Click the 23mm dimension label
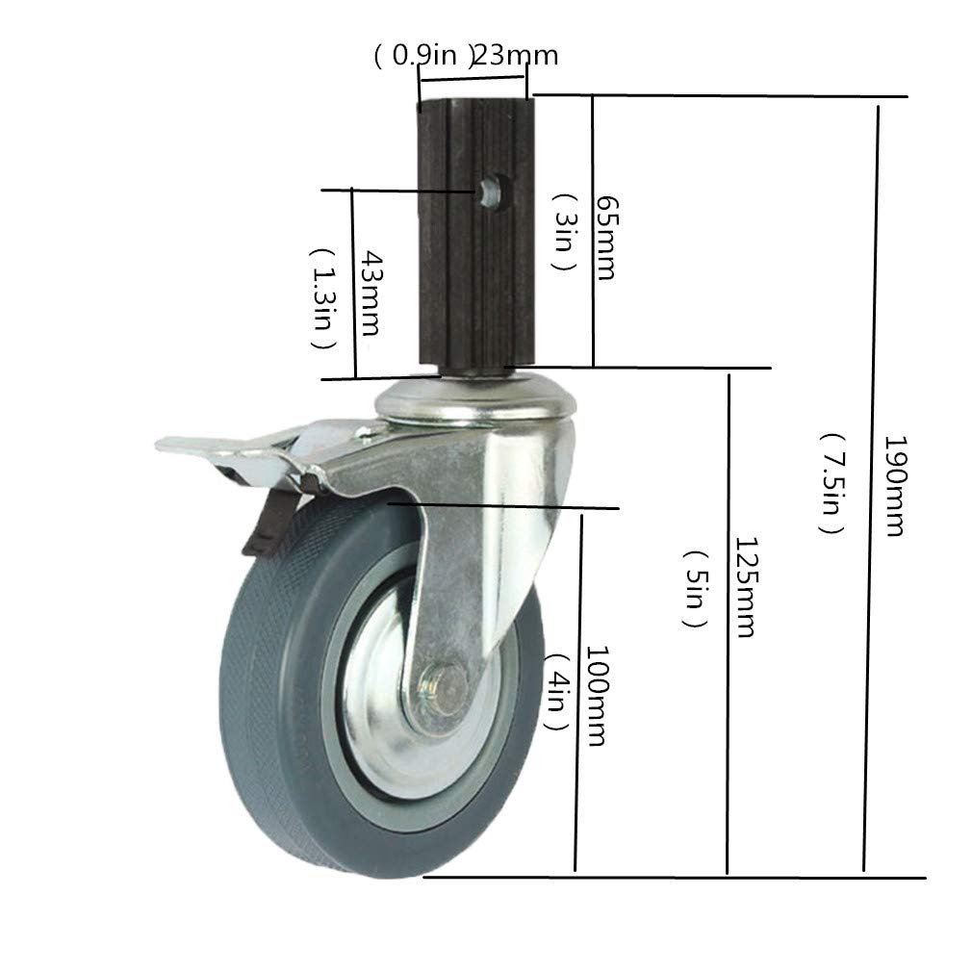coord(517,56)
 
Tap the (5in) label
coord(698,588)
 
